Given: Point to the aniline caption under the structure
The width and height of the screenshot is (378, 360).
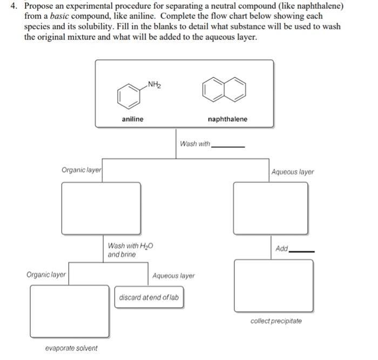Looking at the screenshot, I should pyautogui.click(x=133, y=119).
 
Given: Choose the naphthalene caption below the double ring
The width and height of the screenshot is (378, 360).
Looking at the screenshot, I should pyautogui.click(x=227, y=119).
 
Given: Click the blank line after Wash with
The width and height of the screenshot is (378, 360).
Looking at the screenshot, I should pyautogui.click(x=228, y=146).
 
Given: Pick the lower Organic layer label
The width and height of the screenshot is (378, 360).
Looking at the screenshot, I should pyautogui.click(x=46, y=274).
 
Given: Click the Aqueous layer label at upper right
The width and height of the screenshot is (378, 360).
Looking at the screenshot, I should pyautogui.click(x=293, y=172).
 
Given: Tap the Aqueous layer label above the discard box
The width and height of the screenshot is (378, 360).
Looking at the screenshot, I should pyautogui.click(x=173, y=275).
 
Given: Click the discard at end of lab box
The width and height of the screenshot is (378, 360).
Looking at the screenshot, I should pyautogui.click(x=149, y=297).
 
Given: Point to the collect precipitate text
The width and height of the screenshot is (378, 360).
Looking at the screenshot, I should pyautogui.click(x=276, y=321).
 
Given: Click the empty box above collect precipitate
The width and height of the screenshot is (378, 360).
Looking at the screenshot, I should pyautogui.click(x=273, y=285).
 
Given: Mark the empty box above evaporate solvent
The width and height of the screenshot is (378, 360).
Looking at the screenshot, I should pyautogui.click(x=69, y=311).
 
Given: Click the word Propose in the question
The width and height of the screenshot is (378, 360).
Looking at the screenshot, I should pyautogui.click(x=39, y=6).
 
